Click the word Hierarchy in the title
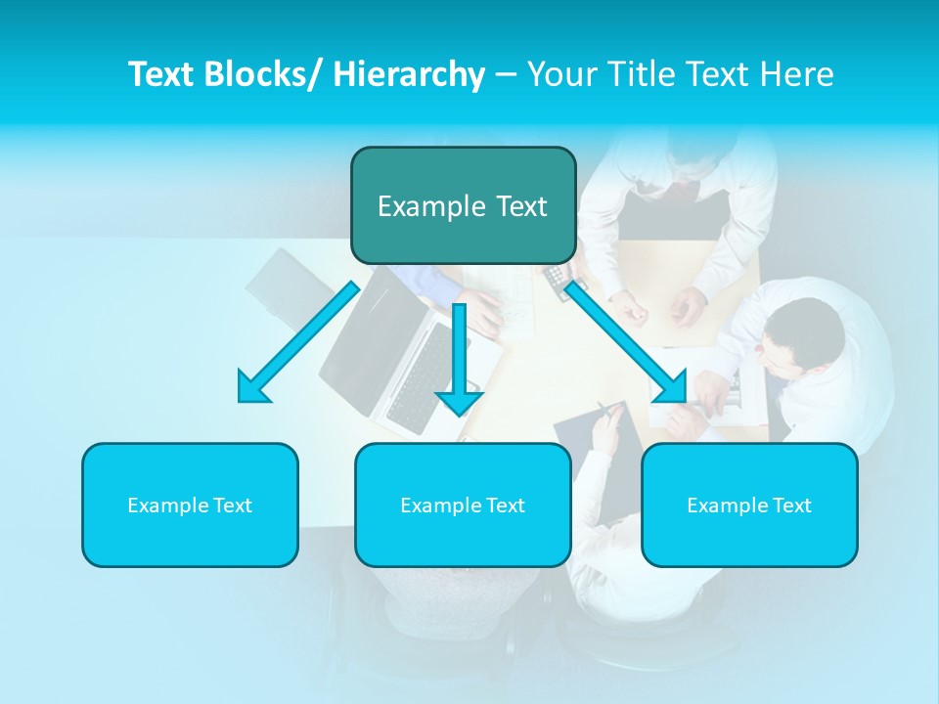[x=409, y=74]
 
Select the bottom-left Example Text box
[x=190, y=505]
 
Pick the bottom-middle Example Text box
[x=463, y=505]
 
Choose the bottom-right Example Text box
[x=749, y=505]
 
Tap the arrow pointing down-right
[x=626, y=342]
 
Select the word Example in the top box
[x=431, y=206]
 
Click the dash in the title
[x=506, y=74]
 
